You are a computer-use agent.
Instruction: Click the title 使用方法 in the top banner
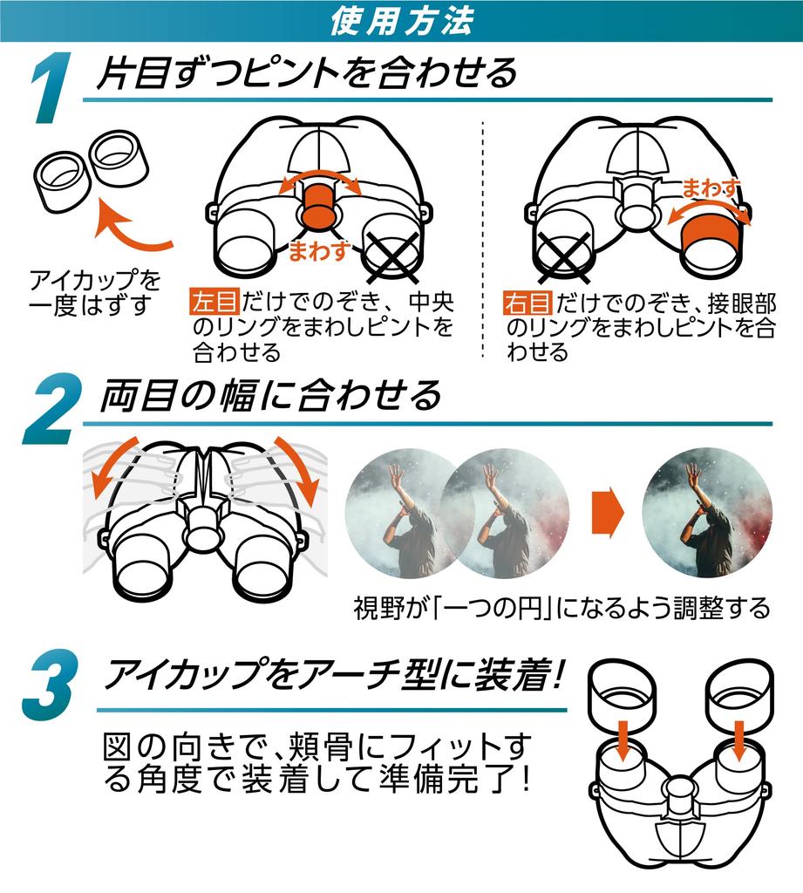tap(401, 21)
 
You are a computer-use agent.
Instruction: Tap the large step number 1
tap(52, 87)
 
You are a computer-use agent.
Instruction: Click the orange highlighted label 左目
tap(214, 302)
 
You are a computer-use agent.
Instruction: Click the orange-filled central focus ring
tap(320, 204)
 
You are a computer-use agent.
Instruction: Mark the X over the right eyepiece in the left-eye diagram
tap(393, 256)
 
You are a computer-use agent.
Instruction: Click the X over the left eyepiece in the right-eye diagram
tap(564, 257)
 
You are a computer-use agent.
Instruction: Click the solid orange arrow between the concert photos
tap(608, 511)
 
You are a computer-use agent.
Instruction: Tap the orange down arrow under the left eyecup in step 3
tap(623, 740)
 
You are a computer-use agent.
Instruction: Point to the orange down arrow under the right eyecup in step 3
tap(739, 740)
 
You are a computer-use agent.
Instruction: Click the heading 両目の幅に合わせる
tap(270, 396)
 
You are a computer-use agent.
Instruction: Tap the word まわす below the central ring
tap(319, 250)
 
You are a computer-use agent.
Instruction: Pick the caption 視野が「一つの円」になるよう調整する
tap(561, 608)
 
